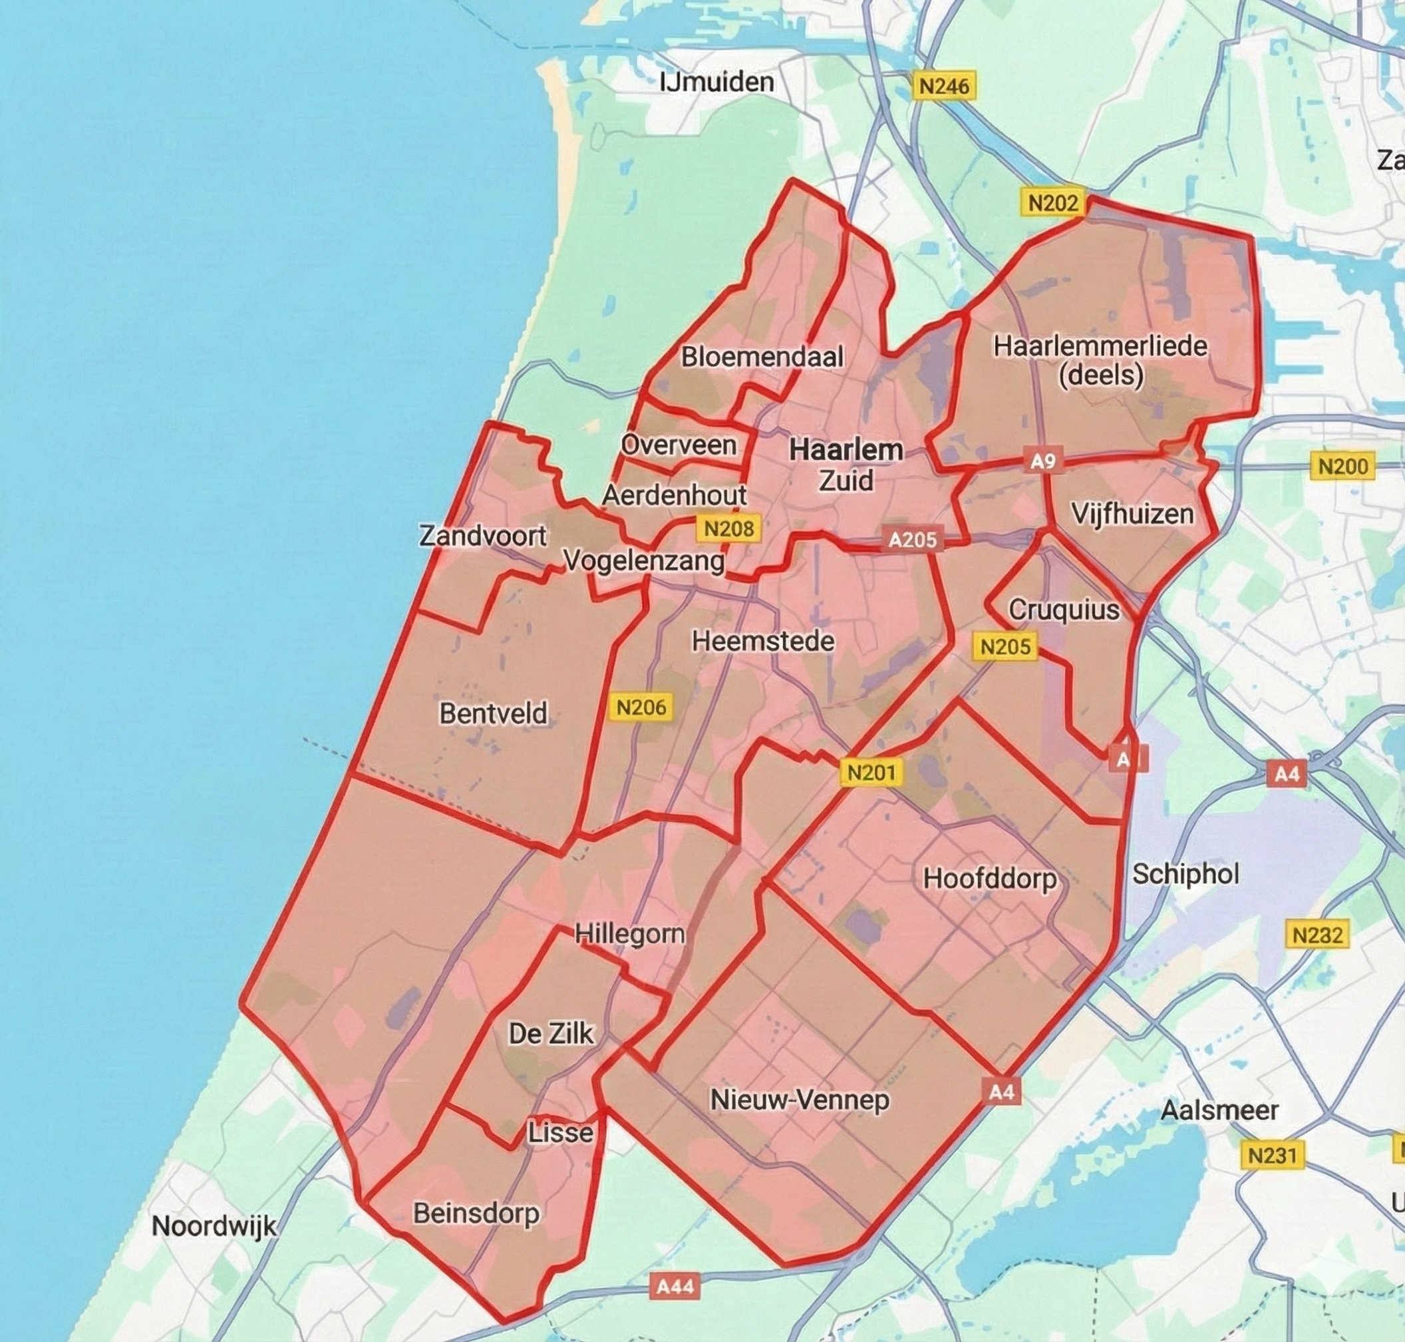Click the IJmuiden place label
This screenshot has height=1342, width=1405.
(716, 82)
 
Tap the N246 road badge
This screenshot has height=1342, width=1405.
(944, 87)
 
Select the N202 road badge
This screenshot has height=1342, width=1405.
(1052, 203)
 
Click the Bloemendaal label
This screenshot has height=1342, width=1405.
(762, 357)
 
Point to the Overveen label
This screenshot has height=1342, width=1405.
(679, 445)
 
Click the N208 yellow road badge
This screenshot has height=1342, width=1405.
(728, 529)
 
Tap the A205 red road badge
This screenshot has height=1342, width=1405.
(912, 539)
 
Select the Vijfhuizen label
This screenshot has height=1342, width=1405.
(1132, 515)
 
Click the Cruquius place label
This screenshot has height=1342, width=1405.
(1064, 610)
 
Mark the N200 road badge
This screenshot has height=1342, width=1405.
(1342, 467)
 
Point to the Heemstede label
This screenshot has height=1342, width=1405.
(763, 641)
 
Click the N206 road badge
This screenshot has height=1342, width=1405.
(641, 708)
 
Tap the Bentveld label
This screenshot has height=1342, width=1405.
(494, 713)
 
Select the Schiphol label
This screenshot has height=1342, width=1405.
(1185, 874)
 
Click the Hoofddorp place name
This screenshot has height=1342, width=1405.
(990, 879)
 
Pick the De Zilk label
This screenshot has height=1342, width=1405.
(551, 1033)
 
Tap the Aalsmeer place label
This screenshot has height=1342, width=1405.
(1219, 1110)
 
